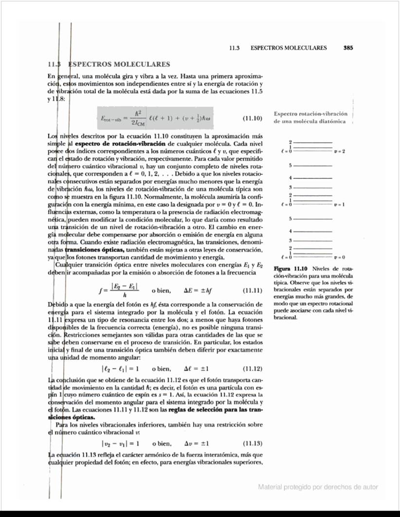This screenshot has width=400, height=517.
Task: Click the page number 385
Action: pos(348,48)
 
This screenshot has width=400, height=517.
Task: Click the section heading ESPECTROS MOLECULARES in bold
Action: pos(119,64)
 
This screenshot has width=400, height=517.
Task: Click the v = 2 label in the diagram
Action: pos(340,151)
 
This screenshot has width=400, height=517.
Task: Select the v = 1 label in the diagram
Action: pos(340,205)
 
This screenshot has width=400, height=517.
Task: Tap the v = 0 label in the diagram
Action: pos(340,257)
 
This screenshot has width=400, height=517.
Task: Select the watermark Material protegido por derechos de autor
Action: pos(318,487)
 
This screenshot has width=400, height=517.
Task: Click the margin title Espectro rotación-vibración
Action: pos(311,113)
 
